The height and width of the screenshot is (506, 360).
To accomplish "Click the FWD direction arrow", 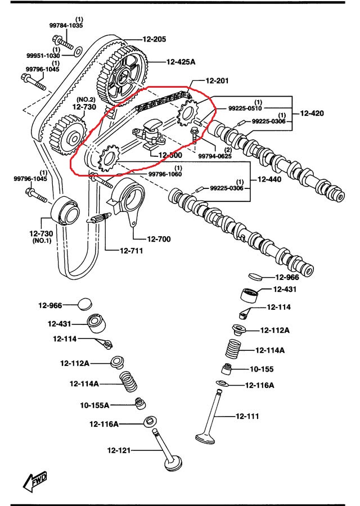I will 35,480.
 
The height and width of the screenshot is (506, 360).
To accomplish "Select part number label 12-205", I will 154,39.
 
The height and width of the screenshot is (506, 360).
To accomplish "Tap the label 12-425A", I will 181,62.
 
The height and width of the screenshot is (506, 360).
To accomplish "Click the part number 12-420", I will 312,113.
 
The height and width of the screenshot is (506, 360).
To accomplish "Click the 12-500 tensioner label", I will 170,155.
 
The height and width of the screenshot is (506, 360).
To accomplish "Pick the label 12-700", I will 159,239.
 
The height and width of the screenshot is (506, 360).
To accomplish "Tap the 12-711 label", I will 130,251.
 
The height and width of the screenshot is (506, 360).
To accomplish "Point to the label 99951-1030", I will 42,56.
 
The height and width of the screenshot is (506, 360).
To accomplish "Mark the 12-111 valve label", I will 248,417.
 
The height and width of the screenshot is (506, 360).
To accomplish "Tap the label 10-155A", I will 94,405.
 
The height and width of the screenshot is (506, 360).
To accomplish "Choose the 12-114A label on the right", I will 270,350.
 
